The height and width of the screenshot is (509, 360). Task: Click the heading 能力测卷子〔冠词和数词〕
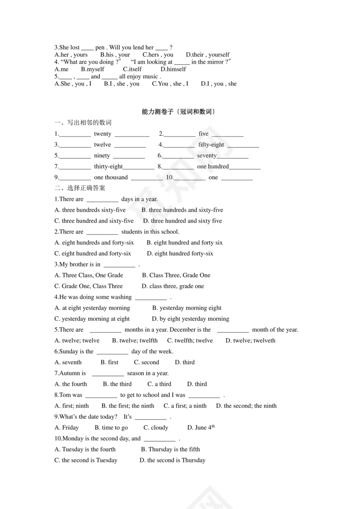pos(179,112)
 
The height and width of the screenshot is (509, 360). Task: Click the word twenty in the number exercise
pos(102,134)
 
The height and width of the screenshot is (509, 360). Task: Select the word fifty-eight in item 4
pos(211,145)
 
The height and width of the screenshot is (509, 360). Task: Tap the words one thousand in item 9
pos(111,177)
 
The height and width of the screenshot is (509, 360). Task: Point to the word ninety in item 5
pos(102,156)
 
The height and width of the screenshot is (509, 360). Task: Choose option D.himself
pos(173,69)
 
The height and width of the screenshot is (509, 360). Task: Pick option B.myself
pos(93,69)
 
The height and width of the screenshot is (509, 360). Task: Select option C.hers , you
pos(158,55)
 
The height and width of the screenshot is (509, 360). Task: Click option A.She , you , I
pos(73,84)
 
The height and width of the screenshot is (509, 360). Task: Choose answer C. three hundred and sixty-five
pos(94,221)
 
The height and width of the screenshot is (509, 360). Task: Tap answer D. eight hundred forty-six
pos(180,254)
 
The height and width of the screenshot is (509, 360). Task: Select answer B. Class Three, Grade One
pos(176,275)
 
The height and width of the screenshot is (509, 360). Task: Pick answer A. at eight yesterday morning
pos(92,308)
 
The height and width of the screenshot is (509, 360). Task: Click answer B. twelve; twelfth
pos(135,341)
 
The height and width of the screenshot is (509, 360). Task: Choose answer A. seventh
pos(68,362)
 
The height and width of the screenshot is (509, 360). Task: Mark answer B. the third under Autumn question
pos(117,384)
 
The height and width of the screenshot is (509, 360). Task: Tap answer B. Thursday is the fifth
pos(170,449)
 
